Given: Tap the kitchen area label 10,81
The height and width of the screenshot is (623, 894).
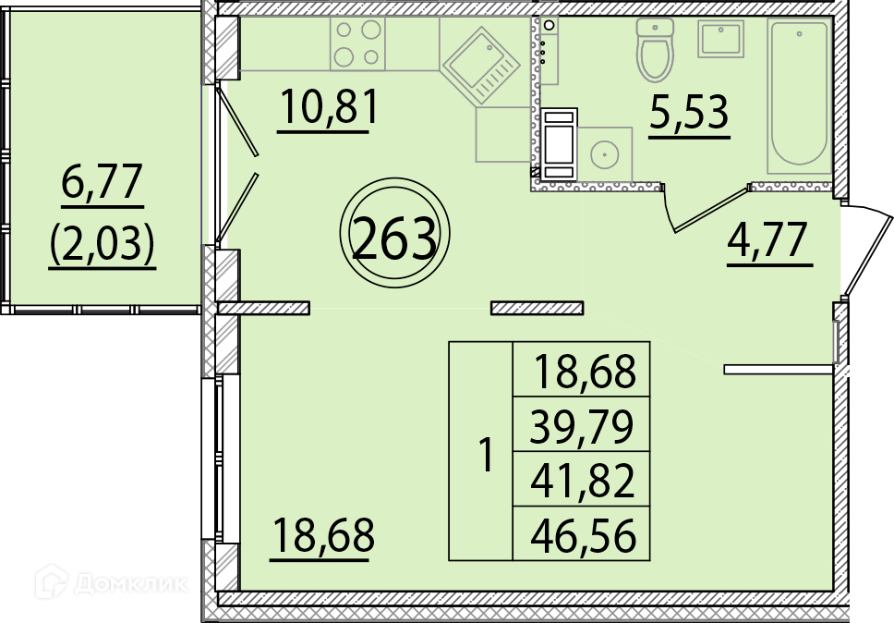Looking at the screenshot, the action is click(x=330, y=107).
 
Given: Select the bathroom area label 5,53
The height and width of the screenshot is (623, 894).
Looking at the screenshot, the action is click(x=689, y=113).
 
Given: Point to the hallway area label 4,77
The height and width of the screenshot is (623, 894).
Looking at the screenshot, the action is click(x=767, y=239).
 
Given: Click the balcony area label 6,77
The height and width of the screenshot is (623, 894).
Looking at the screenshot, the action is click(x=102, y=181).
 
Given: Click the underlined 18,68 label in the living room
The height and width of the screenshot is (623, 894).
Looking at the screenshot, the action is click(x=324, y=535).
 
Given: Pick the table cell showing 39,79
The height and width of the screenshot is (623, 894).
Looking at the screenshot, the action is click(x=582, y=426).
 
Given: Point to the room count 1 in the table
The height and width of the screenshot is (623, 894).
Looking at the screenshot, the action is click(x=487, y=455).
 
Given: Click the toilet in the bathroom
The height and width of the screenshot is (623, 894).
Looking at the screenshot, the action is click(x=655, y=50).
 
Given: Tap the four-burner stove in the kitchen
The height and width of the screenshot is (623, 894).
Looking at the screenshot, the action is click(x=357, y=44).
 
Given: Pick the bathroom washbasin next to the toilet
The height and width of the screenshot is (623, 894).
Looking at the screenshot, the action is click(x=721, y=39).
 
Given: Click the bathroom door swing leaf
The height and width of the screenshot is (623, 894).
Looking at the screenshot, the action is click(x=711, y=209).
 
